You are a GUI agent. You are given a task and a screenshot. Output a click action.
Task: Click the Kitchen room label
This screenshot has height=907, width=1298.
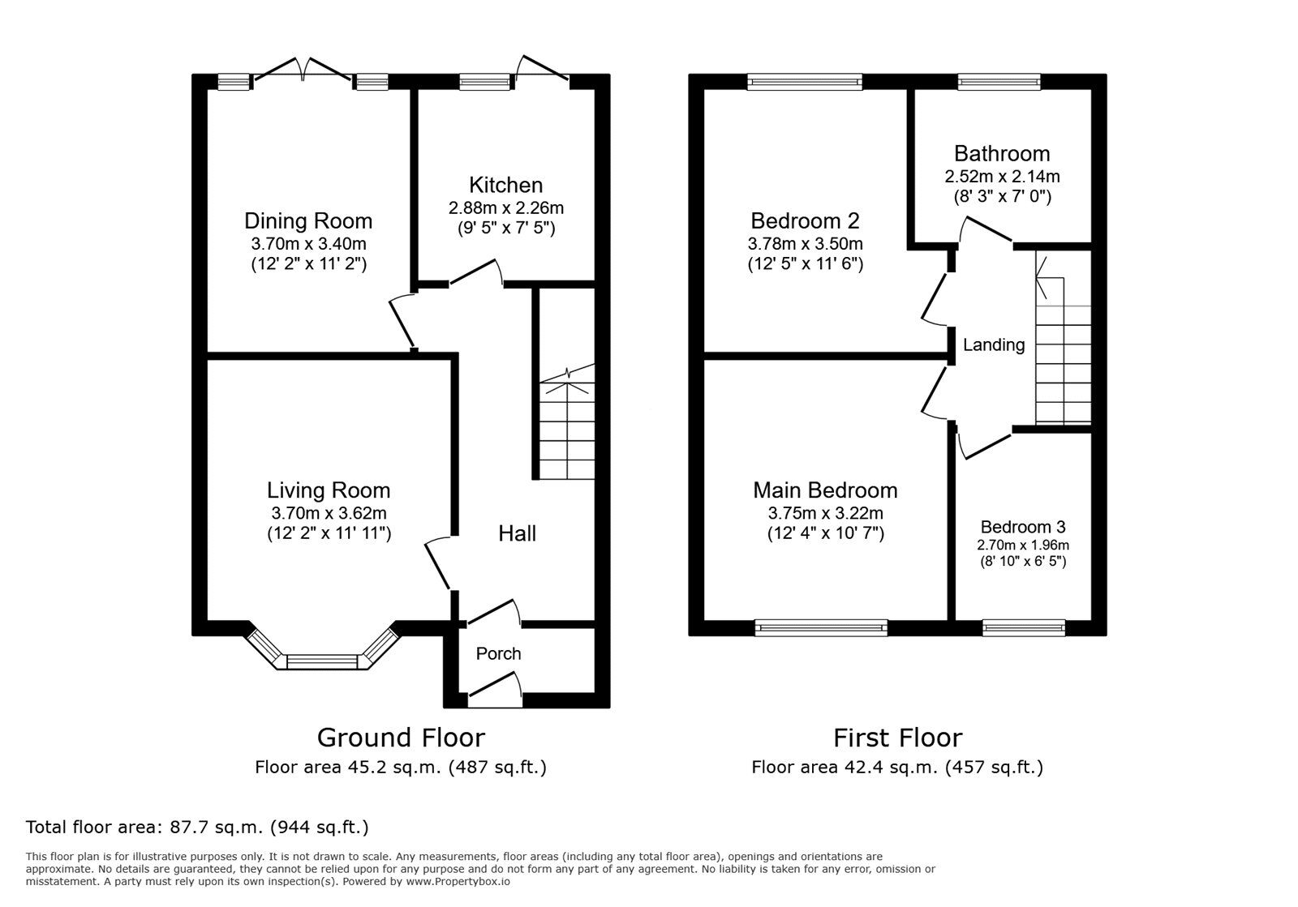click(505, 185)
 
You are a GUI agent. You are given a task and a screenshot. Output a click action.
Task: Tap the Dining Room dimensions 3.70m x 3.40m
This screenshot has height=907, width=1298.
click(308, 242)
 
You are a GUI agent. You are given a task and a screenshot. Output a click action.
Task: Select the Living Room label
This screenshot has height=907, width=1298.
click(329, 490)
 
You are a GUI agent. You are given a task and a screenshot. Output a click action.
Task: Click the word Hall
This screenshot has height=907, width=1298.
click(517, 533)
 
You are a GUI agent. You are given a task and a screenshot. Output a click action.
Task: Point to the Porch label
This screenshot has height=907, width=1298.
click(498, 653)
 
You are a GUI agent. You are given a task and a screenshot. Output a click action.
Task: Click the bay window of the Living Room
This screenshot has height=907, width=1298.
click(322, 661)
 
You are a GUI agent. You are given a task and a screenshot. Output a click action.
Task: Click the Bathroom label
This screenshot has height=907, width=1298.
click(1001, 153)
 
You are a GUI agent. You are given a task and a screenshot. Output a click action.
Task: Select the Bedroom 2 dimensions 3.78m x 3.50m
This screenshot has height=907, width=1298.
click(805, 243)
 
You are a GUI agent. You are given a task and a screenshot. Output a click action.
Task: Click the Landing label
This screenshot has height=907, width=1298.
click(993, 345)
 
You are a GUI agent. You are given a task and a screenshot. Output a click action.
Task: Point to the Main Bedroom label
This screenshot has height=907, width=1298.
click(825, 490)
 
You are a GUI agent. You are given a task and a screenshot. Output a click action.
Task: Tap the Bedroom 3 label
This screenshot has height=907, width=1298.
click(1022, 526)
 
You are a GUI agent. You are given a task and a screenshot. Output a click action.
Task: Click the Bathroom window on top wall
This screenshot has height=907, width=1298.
click(999, 81)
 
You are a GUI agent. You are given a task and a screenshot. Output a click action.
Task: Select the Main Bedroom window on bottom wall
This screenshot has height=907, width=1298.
click(821, 627)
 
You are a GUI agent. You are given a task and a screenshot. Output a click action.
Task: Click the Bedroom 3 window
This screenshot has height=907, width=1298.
click(1023, 627)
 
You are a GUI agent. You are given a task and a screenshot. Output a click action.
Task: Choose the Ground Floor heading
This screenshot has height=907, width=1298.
click(401, 738)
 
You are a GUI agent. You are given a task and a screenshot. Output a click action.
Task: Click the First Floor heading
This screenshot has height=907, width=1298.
click(897, 738)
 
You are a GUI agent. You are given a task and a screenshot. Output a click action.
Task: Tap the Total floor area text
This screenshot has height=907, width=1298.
click(197, 828)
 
